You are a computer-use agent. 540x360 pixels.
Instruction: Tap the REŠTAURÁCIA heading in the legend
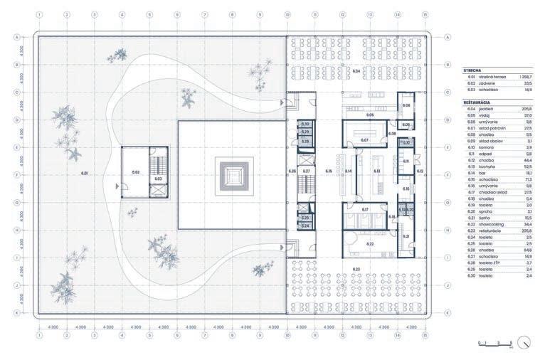tap(477, 102)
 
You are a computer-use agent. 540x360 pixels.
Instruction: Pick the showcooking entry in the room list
tap(497, 223)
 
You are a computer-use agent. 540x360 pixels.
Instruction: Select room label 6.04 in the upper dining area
tap(356, 72)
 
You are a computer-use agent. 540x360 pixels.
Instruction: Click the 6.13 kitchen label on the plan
tap(376, 171)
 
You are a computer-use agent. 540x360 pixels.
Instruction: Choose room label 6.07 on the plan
tap(364, 139)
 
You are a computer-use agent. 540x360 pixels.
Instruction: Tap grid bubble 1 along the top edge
tap(38, 14)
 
